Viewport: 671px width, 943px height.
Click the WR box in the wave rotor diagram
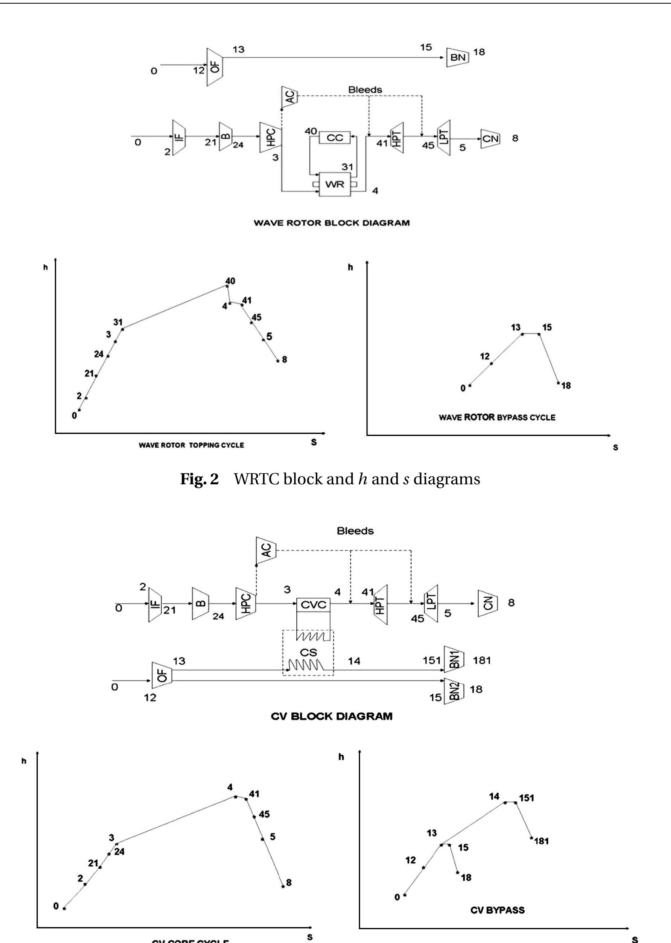[334, 184]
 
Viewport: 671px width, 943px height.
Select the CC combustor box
[334, 138]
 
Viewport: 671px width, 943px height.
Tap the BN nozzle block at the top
[458, 57]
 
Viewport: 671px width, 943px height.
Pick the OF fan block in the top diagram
[215, 67]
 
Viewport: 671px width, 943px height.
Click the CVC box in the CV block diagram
[314, 605]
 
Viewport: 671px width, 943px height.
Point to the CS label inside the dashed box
[308, 653]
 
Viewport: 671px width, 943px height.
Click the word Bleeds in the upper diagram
[365, 90]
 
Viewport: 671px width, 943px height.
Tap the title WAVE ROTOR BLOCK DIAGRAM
[331, 223]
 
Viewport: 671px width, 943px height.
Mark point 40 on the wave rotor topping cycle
[226, 286]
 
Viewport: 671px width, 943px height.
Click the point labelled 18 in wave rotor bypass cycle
[558, 383]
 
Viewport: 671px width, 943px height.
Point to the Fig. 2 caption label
[199, 479]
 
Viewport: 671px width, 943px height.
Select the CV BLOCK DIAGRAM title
[331, 716]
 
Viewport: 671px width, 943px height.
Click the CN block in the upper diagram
[490, 139]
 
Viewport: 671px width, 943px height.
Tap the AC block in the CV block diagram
[266, 551]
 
